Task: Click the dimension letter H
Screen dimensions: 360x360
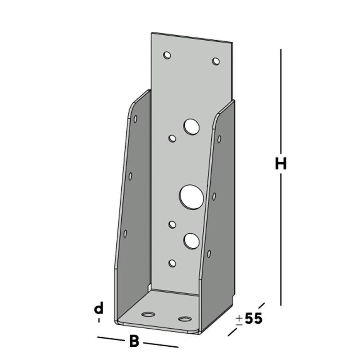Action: coord(281,164)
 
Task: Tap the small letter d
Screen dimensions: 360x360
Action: coord(99,309)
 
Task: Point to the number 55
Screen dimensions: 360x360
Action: coord(253,319)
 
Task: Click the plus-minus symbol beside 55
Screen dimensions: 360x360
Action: coord(239,320)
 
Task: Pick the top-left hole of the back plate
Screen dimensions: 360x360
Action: coord(167,55)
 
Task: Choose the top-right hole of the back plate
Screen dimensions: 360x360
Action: coord(216,61)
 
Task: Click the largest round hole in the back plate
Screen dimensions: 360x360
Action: coord(191,197)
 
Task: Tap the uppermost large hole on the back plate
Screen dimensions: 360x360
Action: coord(192,127)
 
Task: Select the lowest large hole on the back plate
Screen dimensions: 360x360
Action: coord(191,241)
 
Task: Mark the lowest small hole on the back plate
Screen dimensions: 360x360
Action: coord(172,263)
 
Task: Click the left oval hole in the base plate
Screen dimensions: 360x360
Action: coord(148,314)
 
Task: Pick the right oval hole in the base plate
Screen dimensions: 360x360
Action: coord(185,319)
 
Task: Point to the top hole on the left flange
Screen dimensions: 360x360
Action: coord(135,118)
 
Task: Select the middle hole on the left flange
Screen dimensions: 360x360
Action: coord(130,176)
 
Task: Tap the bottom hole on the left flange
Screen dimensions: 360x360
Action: coord(125,233)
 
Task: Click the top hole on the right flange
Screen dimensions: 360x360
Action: coord(219,139)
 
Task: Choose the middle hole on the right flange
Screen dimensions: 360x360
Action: coord(214,196)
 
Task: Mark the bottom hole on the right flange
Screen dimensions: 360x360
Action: coord(209,253)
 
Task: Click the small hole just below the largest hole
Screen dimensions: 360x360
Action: coord(172,225)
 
